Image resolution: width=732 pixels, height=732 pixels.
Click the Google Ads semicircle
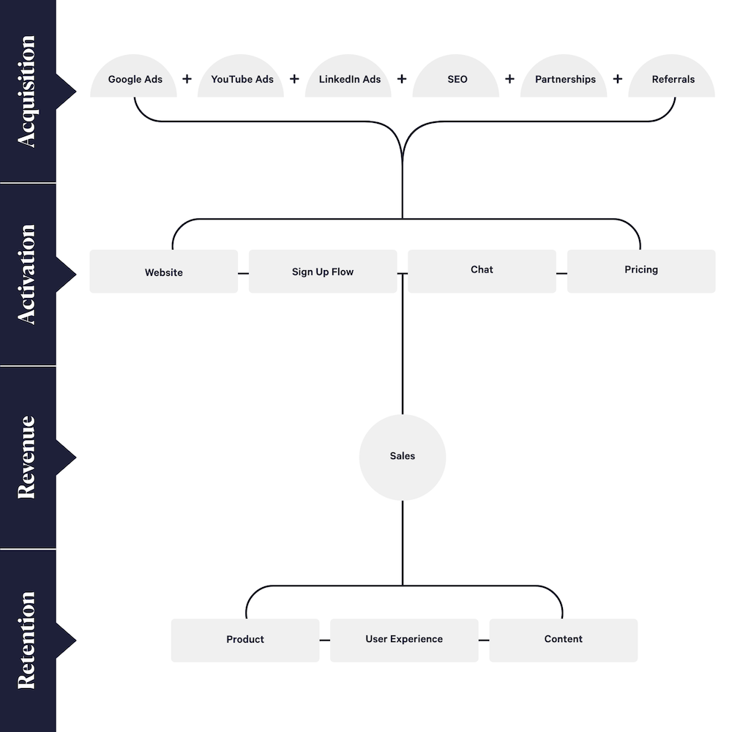tap(134, 79)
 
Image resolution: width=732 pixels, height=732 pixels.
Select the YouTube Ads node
tap(242, 79)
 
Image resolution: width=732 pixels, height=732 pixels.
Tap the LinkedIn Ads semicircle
tap(349, 79)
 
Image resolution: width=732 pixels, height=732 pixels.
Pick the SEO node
tap(457, 79)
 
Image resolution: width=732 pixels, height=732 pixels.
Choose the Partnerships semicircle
tap(564, 79)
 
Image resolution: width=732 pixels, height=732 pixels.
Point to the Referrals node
tap(672, 79)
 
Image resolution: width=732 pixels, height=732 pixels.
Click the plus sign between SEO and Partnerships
tap(510, 79)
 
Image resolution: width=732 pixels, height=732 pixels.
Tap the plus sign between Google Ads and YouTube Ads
tap(187, 79)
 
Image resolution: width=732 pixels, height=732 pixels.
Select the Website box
tap(164, 272)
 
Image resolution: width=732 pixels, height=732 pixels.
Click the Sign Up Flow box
tap(323, 272)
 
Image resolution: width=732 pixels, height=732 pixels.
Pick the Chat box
tap(482, 270)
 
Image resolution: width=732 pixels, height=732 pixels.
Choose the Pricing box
tap(641, 270)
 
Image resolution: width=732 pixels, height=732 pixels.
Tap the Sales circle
tap(403, 457)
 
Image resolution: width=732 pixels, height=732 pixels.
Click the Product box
tap(245, 640)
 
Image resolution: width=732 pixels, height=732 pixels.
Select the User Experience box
tap(404, 640)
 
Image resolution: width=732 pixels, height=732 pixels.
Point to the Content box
tap(563, 640)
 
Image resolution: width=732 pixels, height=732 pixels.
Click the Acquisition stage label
tap(27, 91)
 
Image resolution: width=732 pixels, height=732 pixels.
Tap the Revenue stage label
tap(27, 457)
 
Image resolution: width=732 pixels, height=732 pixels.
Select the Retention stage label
tap(27, 640)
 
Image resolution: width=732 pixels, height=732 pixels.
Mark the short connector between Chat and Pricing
tap(561, 273)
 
